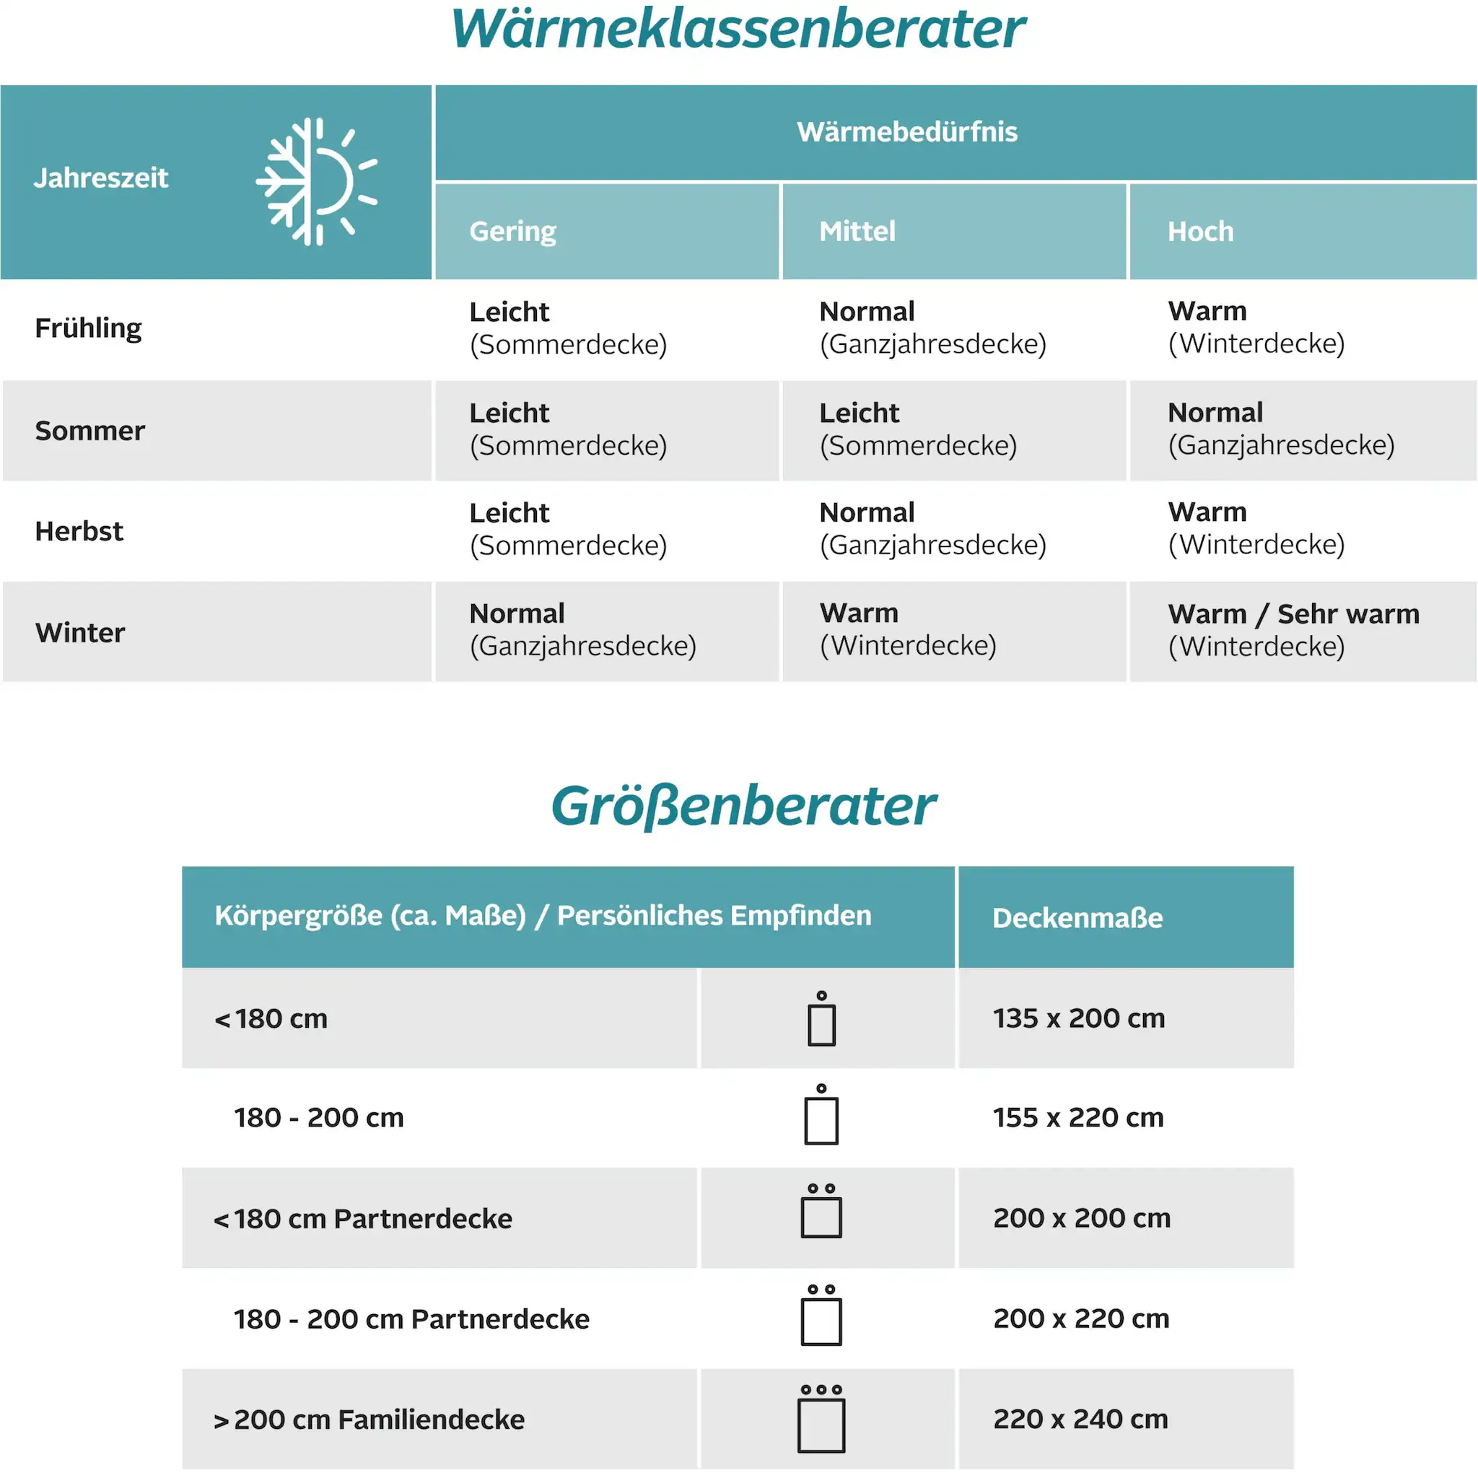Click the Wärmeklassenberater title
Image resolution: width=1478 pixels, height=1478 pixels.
738,29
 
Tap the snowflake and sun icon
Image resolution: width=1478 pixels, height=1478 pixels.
316,181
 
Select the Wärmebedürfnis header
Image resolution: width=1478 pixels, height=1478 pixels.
907,131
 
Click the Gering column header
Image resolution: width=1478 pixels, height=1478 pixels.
512,231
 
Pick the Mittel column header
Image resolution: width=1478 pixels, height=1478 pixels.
857,231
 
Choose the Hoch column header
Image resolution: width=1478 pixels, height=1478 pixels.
1200,231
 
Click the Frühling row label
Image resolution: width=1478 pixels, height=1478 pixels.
88,328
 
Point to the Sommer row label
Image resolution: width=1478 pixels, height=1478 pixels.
89,431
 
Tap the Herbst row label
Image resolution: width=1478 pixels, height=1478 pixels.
79,531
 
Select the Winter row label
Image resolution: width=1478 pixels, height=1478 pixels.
79,633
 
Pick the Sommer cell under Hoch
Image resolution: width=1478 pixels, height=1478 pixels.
1281,429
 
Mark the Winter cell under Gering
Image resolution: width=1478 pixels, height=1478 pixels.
582,629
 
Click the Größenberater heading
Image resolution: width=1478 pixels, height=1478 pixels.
743,806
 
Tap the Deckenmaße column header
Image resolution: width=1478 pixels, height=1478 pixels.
1077,917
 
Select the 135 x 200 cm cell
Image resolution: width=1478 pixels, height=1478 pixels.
1079,1018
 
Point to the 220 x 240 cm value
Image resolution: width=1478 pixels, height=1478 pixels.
1080,1419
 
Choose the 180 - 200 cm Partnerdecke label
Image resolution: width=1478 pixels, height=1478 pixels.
411,1319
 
